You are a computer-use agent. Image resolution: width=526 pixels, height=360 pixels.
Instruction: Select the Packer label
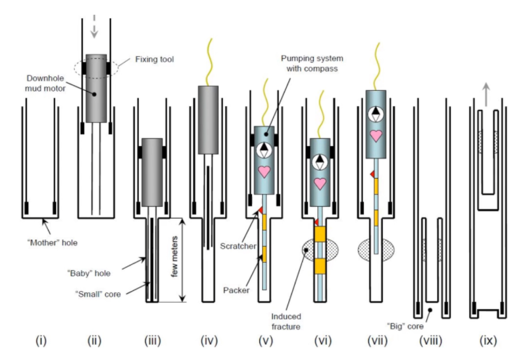tap(237, 290)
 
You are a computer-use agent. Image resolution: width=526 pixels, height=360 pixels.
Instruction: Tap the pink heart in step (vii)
tap(376, 136)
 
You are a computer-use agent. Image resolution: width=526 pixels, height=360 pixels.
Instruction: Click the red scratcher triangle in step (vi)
tap(316, 222)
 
